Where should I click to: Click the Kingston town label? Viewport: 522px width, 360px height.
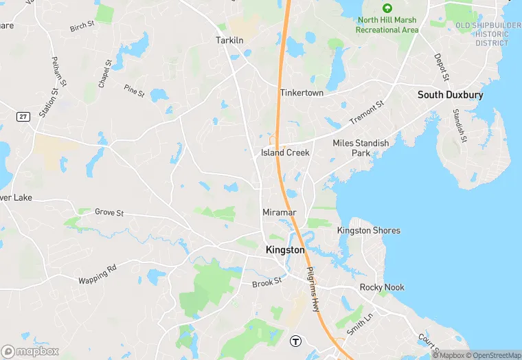(x=285, y=250)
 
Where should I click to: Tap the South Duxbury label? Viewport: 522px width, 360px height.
(x=451, y=95)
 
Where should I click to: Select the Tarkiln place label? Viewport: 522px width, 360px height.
(x=230, y=40)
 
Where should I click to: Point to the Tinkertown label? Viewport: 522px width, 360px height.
(x=302, y=93)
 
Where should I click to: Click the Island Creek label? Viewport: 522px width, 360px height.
(x=285, y=153)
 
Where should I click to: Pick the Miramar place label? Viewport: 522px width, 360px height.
(x=279, y=212)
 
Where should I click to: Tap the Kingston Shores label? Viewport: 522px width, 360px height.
(x=368, y=231)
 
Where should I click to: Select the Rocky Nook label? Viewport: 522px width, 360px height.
(x=382, y=287)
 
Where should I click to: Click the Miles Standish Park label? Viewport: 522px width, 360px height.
(x=361, y=148)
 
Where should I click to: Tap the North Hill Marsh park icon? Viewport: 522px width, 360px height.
(x=387, y=8)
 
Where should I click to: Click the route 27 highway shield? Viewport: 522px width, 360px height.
(x=23, y=117)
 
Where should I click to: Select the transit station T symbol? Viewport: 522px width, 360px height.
(x=296, y=340)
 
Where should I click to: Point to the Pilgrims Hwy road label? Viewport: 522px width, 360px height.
(x=313, y=289)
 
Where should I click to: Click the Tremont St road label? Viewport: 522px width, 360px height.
(x=367, y=111)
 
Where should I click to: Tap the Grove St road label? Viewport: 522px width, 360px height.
(x=109, y=213)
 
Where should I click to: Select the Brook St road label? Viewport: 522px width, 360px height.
(x=267, y=282)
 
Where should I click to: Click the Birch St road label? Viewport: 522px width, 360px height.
(x=82, y=27)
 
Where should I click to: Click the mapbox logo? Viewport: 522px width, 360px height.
(x=31, y=351)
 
